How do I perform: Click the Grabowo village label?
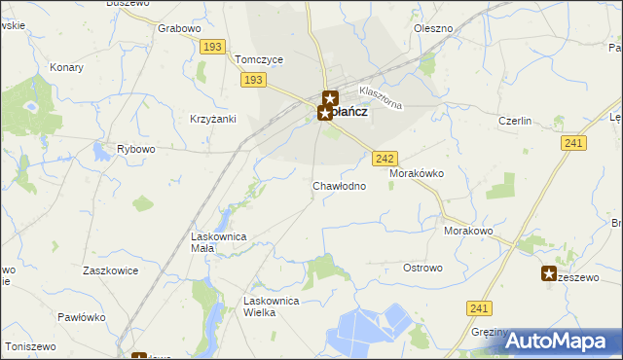click(178, 28)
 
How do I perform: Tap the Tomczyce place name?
click(259, 59)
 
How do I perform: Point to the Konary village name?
click(66, 68)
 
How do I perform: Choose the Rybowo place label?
click(136, 149)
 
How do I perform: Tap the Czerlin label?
click(514, 121)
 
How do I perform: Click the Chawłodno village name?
click(339, 185)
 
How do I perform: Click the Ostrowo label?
click(422, 268)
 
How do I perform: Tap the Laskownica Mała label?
click(217, 242)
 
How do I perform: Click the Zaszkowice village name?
click(110, 270)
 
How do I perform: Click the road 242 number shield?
click(385, 158)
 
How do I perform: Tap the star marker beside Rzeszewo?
click(549, 274)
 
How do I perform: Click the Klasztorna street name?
click(380, 97)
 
